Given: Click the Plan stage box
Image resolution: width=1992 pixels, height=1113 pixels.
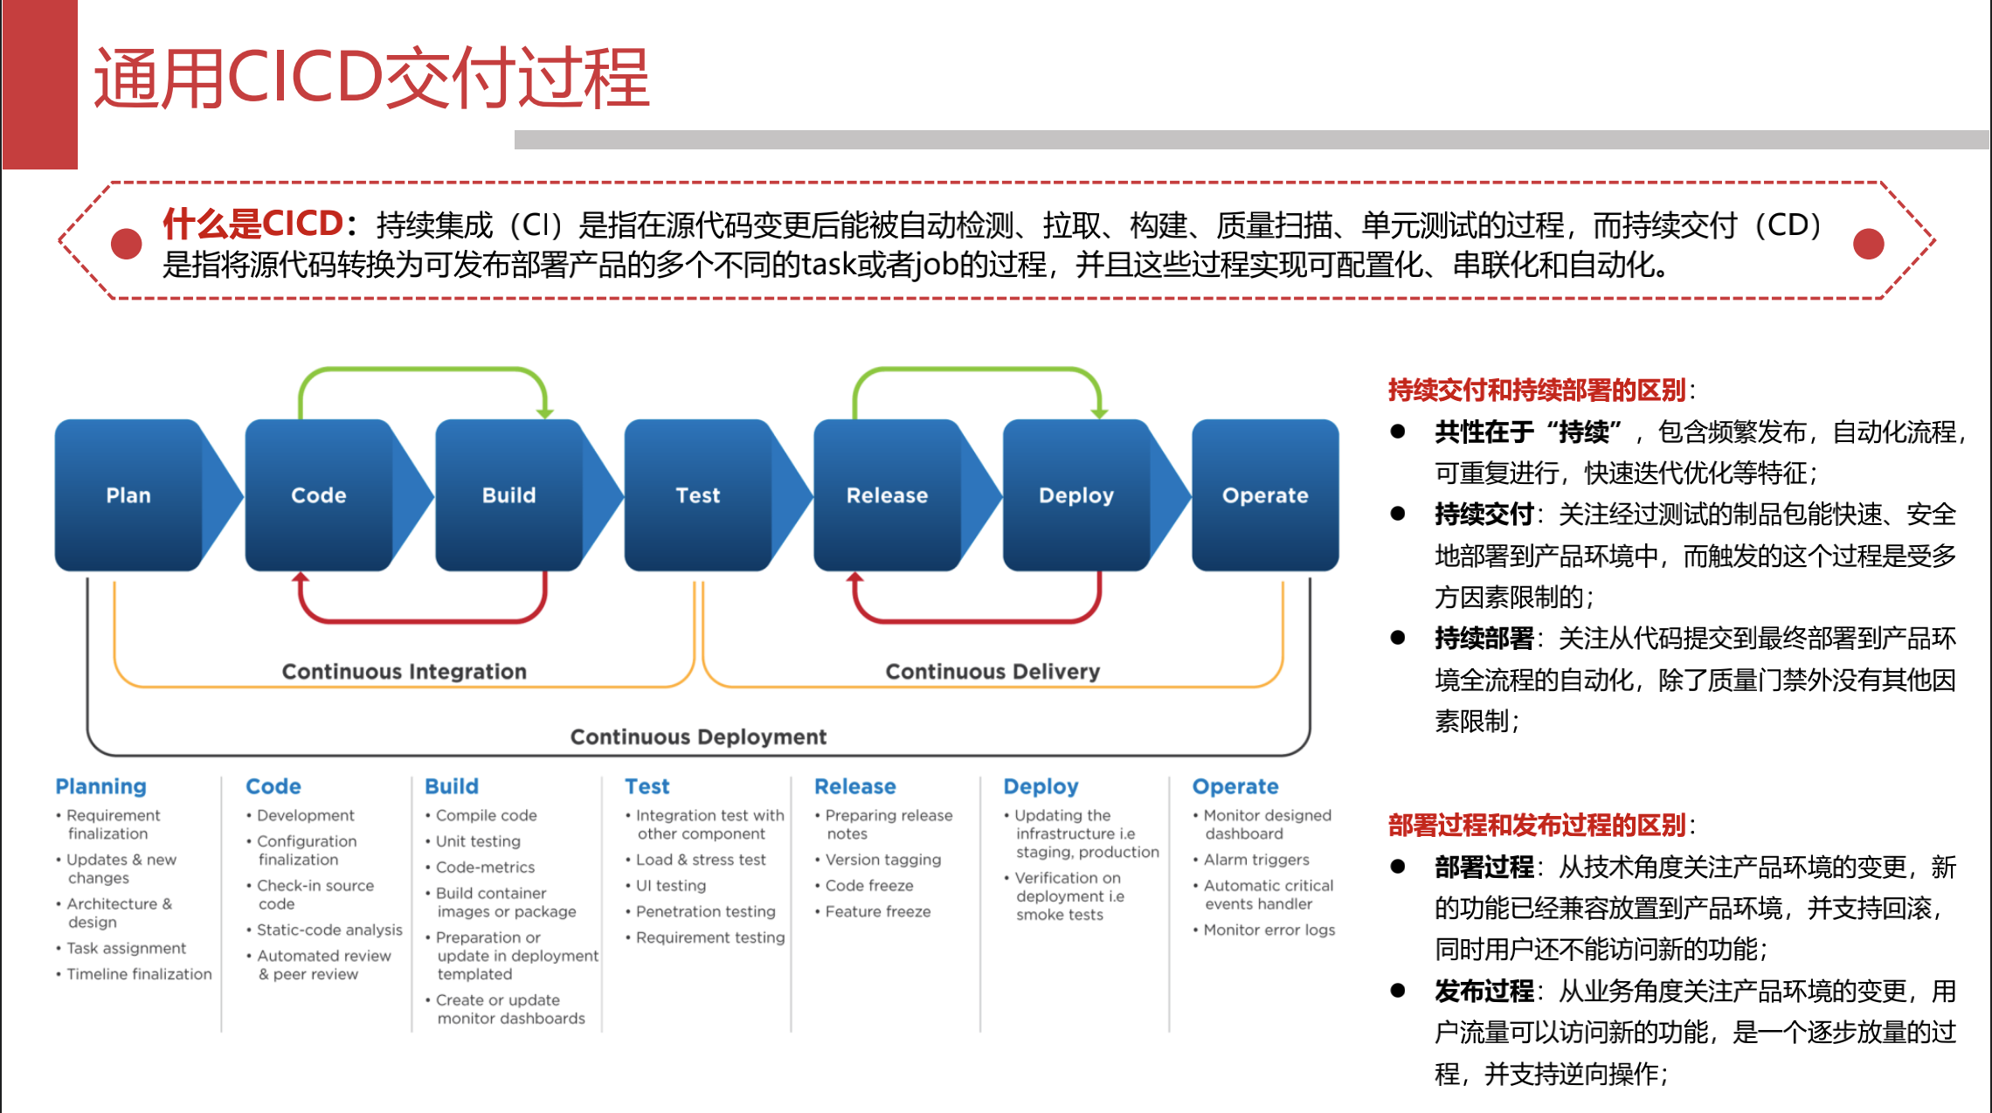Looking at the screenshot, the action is (x=128, y=495).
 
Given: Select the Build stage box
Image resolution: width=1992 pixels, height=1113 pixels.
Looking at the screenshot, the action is (x=508, y=495).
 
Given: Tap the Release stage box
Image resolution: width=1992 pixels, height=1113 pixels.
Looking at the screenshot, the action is (x=887, y=495).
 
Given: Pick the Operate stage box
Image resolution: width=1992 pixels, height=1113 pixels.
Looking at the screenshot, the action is (x=1265, y=495).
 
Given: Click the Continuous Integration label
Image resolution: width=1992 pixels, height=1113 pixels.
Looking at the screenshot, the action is (x=404, y=671).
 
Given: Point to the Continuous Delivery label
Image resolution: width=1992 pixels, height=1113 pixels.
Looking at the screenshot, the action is (x=993, y=671).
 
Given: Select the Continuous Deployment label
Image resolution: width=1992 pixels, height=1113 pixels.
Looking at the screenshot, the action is (x=698, y=736).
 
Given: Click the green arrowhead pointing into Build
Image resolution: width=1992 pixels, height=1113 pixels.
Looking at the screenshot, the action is (x=545, y=411).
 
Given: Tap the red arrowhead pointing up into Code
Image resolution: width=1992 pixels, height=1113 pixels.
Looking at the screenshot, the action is (x=301, y=578).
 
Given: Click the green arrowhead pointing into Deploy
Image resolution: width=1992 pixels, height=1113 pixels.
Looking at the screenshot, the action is (x=1099, y=411).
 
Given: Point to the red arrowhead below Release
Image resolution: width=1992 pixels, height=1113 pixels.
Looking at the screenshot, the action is (x=854, y=578).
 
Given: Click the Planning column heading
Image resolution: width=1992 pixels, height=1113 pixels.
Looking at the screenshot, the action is (x=100, y=786).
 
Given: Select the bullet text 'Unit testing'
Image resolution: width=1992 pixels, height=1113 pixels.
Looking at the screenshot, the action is (x=478, y=841).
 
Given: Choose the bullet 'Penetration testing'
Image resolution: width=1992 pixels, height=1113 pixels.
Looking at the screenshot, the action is (x=705, y=911).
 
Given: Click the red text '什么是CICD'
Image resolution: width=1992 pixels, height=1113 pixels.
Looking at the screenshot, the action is (x=252, y=224).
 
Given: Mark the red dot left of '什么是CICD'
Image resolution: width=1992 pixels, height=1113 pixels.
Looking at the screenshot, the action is (x=127, y=244).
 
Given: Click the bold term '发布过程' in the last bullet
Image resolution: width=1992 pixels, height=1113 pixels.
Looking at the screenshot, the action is (x=1484, y=991).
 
